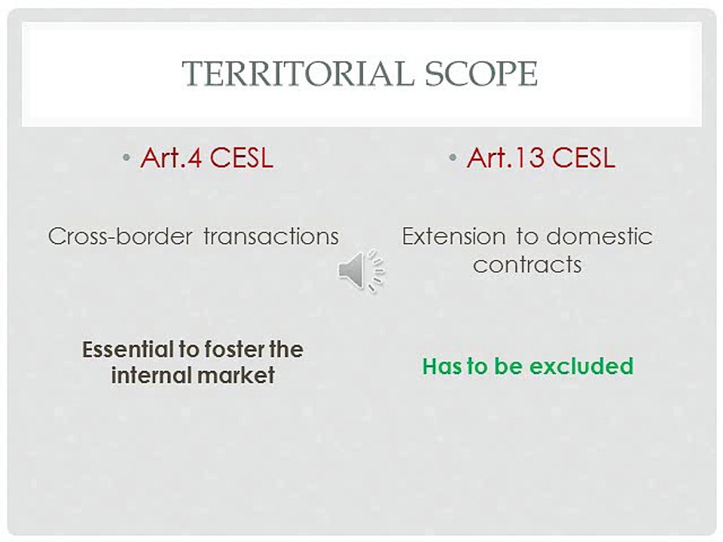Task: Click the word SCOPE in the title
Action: [481, 73]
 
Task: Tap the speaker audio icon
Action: [361, 271]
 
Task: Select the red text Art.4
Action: [172, 157]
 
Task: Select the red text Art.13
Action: [507, 157]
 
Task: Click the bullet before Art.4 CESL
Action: [127, 157]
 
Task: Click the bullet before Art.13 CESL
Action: [453, 157]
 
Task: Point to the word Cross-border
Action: [120, 236]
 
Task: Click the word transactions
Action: [271, 236]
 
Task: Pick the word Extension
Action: [453, 236]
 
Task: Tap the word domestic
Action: [599, 236]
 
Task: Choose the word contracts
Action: [527, 264]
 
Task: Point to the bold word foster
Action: [234, 349]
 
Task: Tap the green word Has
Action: [442, 366]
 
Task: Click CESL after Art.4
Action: [241, 157]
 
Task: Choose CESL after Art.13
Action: [583, 157]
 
